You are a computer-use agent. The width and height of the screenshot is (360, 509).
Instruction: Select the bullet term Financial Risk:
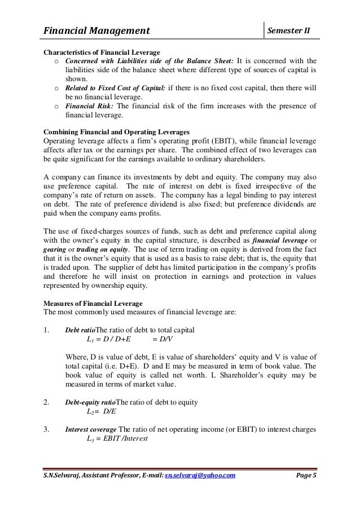point(87,106)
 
